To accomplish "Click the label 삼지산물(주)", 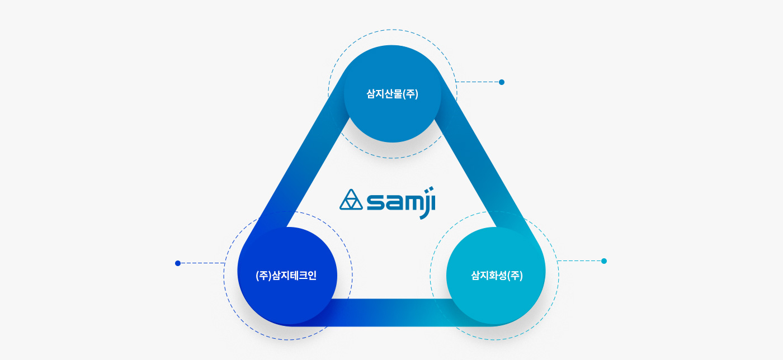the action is pos(392,94).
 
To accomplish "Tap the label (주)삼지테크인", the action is pos(286,276).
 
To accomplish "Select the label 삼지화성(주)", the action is pos(497,276).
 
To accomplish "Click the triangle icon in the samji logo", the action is pos(351,200).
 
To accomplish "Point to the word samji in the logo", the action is pos(401,203).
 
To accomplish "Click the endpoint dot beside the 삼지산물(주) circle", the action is pos(502,82).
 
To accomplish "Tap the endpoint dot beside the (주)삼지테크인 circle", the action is pos(178,263).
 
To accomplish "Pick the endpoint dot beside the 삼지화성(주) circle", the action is pos(604,261).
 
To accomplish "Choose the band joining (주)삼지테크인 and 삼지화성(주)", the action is pos(391,312).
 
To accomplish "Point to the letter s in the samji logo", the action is pos(375,203).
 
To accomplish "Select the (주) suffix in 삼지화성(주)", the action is pos(515,276).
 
